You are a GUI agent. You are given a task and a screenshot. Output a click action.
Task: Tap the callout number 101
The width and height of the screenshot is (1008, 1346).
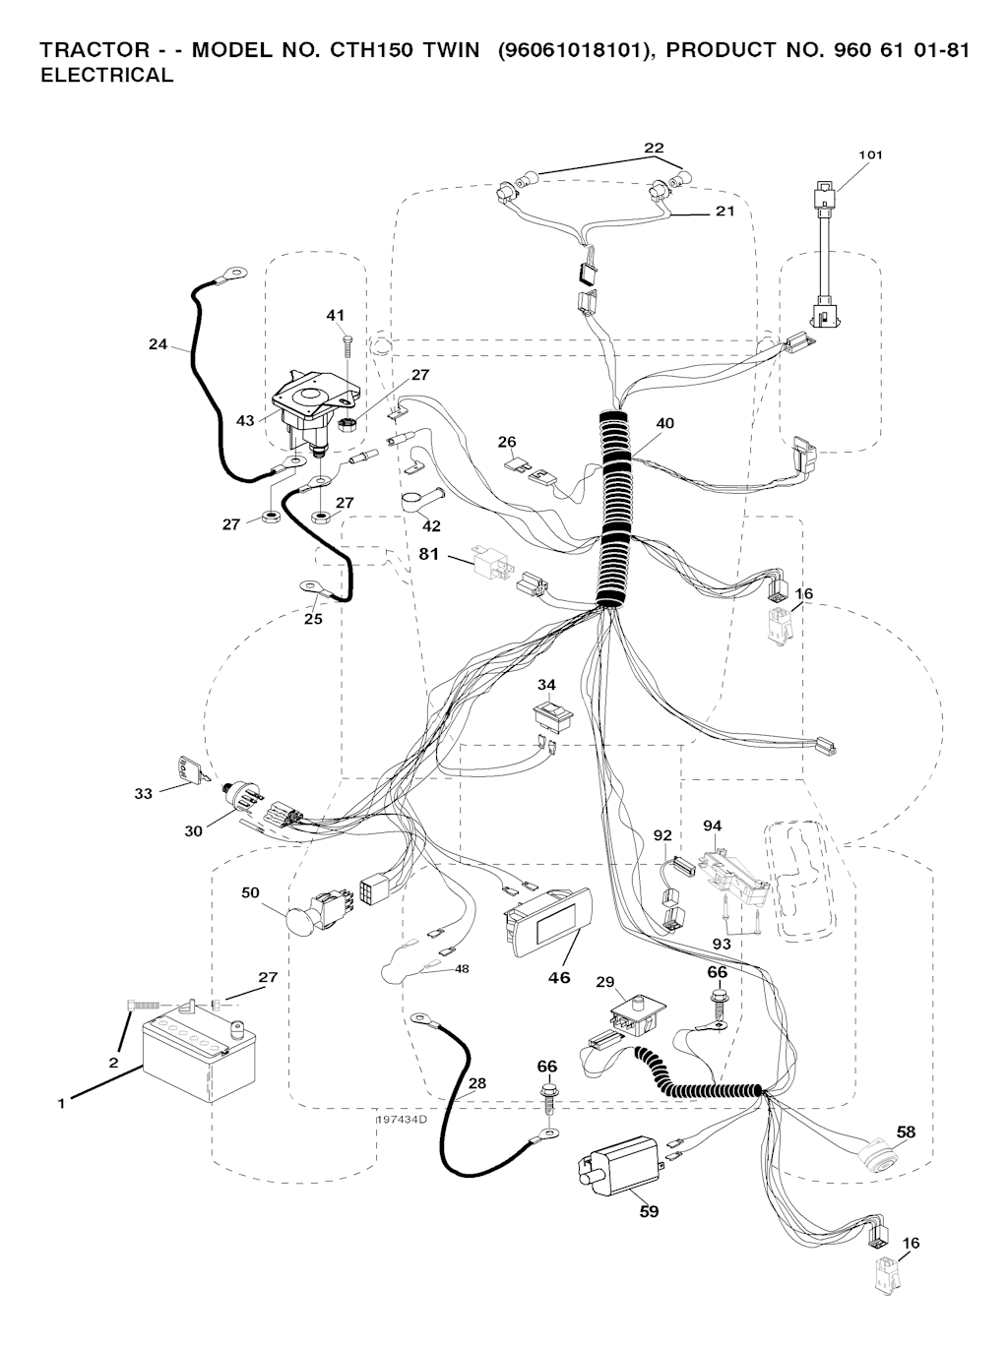[x=870, y=154]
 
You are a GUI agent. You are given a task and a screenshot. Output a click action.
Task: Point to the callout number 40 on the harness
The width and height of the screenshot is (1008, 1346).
[x=664, y=423]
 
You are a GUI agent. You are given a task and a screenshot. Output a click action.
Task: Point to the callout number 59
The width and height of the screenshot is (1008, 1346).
[x=649, y=1211]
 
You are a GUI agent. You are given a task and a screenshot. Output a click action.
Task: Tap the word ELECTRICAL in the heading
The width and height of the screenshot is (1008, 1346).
[x=106, y=76]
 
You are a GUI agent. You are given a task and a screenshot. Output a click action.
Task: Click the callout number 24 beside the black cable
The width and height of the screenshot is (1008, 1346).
[x=158, y=345]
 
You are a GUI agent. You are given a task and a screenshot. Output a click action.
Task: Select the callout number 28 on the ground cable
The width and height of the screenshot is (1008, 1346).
[x=476, y=1083]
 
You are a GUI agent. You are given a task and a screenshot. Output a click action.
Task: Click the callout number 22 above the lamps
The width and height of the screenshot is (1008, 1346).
[x=654, y=149]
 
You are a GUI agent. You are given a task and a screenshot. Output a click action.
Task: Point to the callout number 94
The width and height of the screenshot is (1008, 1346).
[x=712, y=825]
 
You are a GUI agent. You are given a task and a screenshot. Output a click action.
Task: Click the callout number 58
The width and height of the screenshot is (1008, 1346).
[x=906, y=1132]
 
